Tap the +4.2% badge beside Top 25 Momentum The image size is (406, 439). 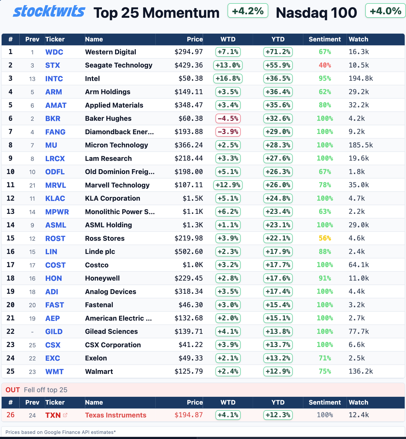(248, 11)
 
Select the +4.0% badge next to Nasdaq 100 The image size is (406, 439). (385, 11)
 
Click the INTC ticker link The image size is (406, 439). (54, 79)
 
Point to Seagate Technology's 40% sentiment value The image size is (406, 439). (325, 65)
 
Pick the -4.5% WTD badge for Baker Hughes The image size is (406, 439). (228, 118)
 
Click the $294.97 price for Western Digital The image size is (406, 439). (188, 52)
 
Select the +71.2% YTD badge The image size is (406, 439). (278, 52)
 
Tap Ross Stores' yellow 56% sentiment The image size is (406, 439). (325, 238)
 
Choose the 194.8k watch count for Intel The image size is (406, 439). (361, 79)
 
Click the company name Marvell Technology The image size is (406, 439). (117, 185)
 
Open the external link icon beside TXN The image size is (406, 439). (65, 415)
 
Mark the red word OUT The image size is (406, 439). (13, 390)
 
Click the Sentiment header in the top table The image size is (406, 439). (325, 39)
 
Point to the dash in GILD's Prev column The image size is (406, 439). (32, 332)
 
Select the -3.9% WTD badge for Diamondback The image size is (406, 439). (228, 132)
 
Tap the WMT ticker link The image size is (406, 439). (54, 371)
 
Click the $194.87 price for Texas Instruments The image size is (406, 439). (188, 415)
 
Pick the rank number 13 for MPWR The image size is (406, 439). (10, 212)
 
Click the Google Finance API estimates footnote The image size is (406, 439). (60, 432)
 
